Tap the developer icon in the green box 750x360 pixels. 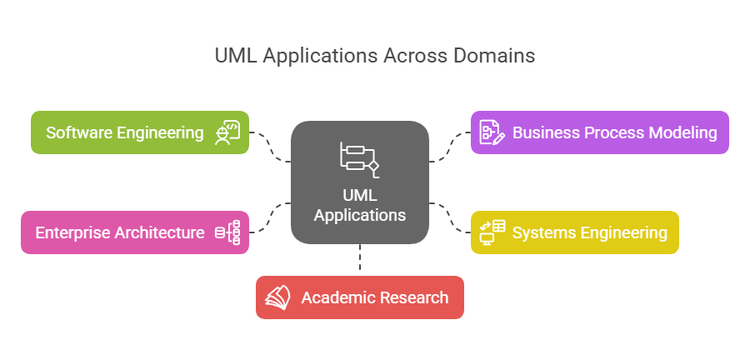point(227,132)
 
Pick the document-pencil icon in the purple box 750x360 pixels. point(491,132)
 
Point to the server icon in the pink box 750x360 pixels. point(227,232)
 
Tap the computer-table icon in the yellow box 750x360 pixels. point(492,232)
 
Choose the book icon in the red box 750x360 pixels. point(277,297)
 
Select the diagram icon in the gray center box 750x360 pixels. point(359,159)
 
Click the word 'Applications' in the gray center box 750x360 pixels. point(360,214)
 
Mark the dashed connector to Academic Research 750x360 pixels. point(360,259)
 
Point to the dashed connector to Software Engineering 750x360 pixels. point(271,147)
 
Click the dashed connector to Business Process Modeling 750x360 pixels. point(450,147)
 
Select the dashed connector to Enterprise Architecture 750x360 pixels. point(271,217)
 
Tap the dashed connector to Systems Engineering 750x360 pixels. point(450,217)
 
